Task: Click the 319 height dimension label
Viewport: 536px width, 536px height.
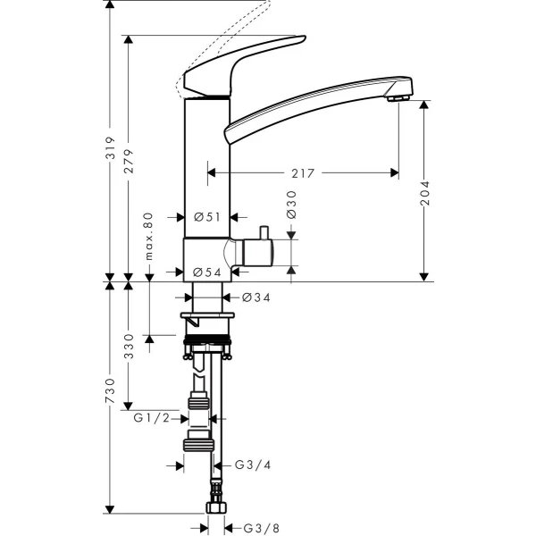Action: (110, 158)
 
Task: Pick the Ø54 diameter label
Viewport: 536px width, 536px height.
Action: (207, 272)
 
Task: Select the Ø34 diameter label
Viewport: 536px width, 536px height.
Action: (255, 297)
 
